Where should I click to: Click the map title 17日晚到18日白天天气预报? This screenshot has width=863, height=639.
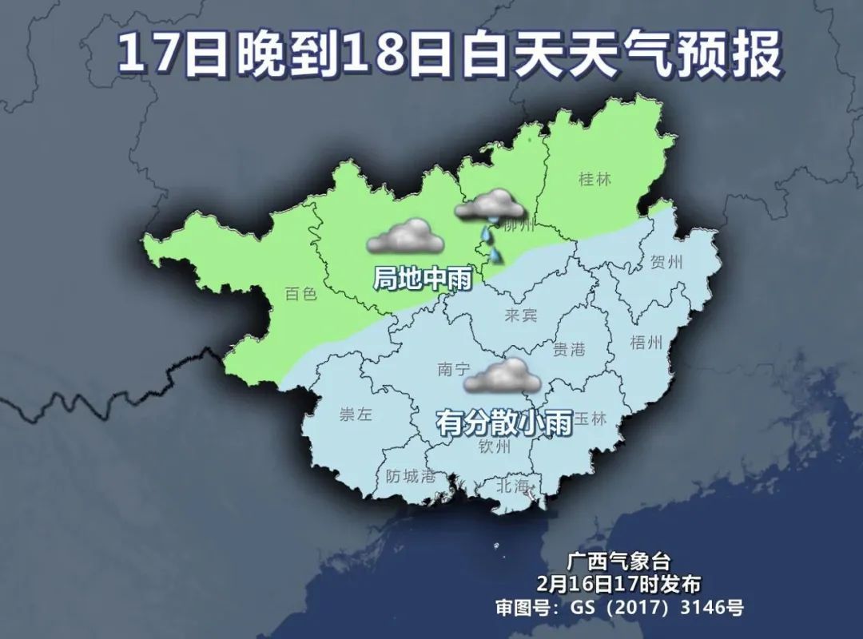click(448, 55)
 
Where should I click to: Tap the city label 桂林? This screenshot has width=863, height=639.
click(595, 179)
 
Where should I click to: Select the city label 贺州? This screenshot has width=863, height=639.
click(667, 262)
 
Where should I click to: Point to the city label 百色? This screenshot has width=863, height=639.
click(300, 294)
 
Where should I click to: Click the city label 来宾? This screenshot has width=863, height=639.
click(521, 316)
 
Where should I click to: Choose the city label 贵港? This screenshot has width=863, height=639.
click(570, 348)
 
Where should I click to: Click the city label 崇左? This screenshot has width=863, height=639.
click(356, 414)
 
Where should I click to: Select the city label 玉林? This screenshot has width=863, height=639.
click(591, 419)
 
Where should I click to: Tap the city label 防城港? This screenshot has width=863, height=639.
click(411, 477)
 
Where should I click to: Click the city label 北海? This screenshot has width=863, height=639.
click(513, 486)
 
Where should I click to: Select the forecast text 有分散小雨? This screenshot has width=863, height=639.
click(504, 422)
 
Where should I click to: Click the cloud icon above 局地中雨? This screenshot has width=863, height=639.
click(404, 236)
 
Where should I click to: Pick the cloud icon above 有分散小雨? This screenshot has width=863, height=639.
click(503, 376)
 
